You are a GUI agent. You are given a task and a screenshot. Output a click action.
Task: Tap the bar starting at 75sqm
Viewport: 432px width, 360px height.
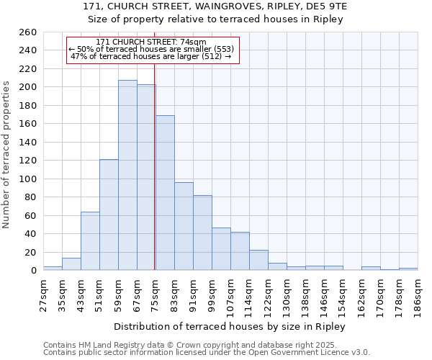click(165, 193)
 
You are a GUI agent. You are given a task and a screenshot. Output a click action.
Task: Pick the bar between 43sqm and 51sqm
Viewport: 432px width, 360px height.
click(90, 241)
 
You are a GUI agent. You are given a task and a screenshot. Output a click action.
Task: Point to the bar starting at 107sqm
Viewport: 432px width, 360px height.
click(240, 251)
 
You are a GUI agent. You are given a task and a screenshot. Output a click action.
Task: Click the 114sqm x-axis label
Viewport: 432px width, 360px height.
click(249, 293)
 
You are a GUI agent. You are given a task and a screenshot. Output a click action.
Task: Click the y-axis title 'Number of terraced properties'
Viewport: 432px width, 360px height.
click(7, 154)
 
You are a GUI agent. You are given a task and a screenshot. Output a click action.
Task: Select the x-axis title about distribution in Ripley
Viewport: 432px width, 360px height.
click(230, 326)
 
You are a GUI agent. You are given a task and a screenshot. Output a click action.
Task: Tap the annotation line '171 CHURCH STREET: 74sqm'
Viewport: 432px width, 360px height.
click(151, 42)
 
